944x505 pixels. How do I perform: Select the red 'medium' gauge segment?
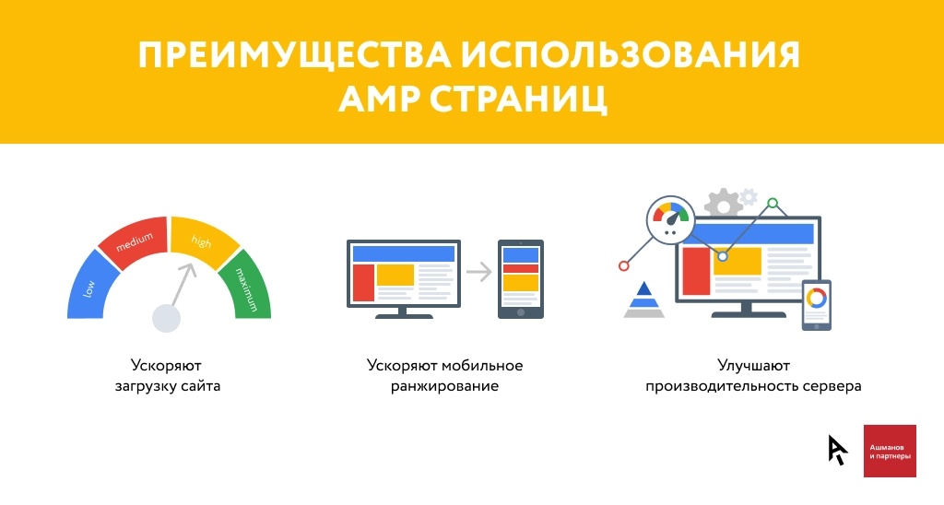[134, 239]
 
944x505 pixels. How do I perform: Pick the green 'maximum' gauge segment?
[246, 288]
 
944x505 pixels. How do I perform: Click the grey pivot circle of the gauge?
[166, 318]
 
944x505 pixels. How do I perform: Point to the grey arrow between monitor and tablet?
[479, 272]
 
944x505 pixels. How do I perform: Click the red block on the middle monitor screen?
[363, 282]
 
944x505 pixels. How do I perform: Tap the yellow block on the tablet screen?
[521, 282]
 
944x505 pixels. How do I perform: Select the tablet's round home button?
[521, 312]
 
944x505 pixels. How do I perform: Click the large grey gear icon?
[724, 204]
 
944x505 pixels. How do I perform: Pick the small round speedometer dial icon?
[671, 219]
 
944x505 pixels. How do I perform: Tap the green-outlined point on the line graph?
[773, 203]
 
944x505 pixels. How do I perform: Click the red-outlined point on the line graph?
[624, 266]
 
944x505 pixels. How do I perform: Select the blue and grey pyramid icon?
[643, 299]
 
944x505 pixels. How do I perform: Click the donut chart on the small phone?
[817, 298]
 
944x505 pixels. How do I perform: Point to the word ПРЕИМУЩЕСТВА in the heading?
[295, 54]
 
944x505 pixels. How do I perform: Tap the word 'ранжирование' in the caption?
[444, 386]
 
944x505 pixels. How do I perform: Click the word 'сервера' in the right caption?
[832, 386]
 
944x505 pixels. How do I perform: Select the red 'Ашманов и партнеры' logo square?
[890, 451]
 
